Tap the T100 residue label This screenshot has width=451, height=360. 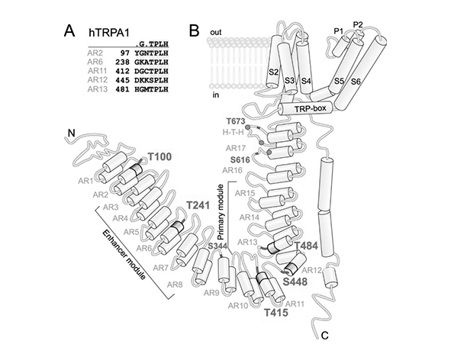click(159, 156)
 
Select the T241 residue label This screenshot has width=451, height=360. click(198, 206)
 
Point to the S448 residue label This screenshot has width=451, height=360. click(295, 281)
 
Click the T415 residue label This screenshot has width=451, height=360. click(276, 312)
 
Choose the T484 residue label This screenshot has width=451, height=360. click(306, 246)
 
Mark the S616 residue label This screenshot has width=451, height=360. click(240, 159)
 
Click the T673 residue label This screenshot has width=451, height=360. click(235, 122)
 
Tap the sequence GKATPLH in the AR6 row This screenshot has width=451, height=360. click(151, 62)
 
